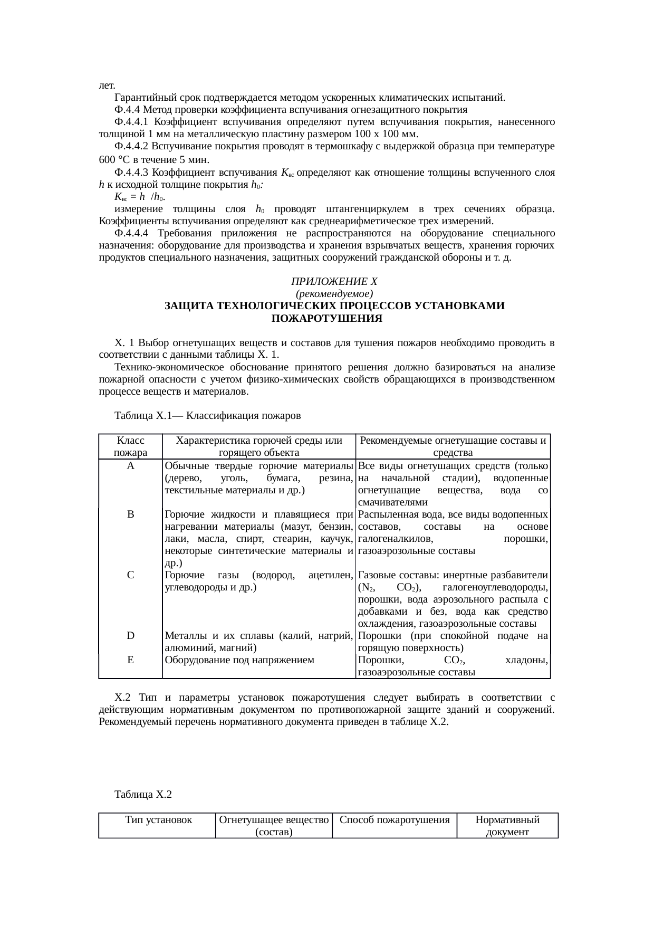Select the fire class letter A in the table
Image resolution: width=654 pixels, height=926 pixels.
pos(130,466)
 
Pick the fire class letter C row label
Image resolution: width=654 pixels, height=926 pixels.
pos(130,575)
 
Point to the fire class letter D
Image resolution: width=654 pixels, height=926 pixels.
pos(130,636)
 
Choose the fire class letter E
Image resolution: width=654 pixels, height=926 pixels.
pos(130,660)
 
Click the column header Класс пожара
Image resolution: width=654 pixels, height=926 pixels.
pos(130,446)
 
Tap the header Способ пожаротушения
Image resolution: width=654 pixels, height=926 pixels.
pos(395,820)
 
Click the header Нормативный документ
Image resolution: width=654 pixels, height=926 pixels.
pos(507,826)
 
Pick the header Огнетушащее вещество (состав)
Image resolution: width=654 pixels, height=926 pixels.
pos(274,826)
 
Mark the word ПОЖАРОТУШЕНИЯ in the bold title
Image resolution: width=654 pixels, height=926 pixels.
pos(326,319)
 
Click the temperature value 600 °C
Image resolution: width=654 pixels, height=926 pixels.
pos(114,160)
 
